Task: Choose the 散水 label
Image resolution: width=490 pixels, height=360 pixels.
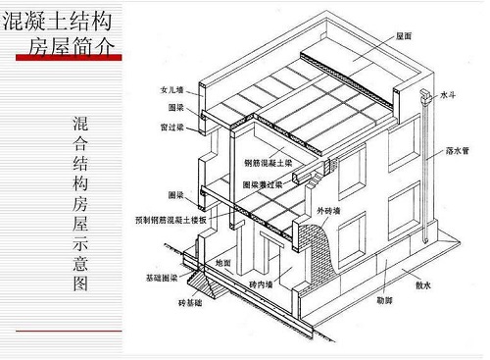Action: click(x=423, y=285)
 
